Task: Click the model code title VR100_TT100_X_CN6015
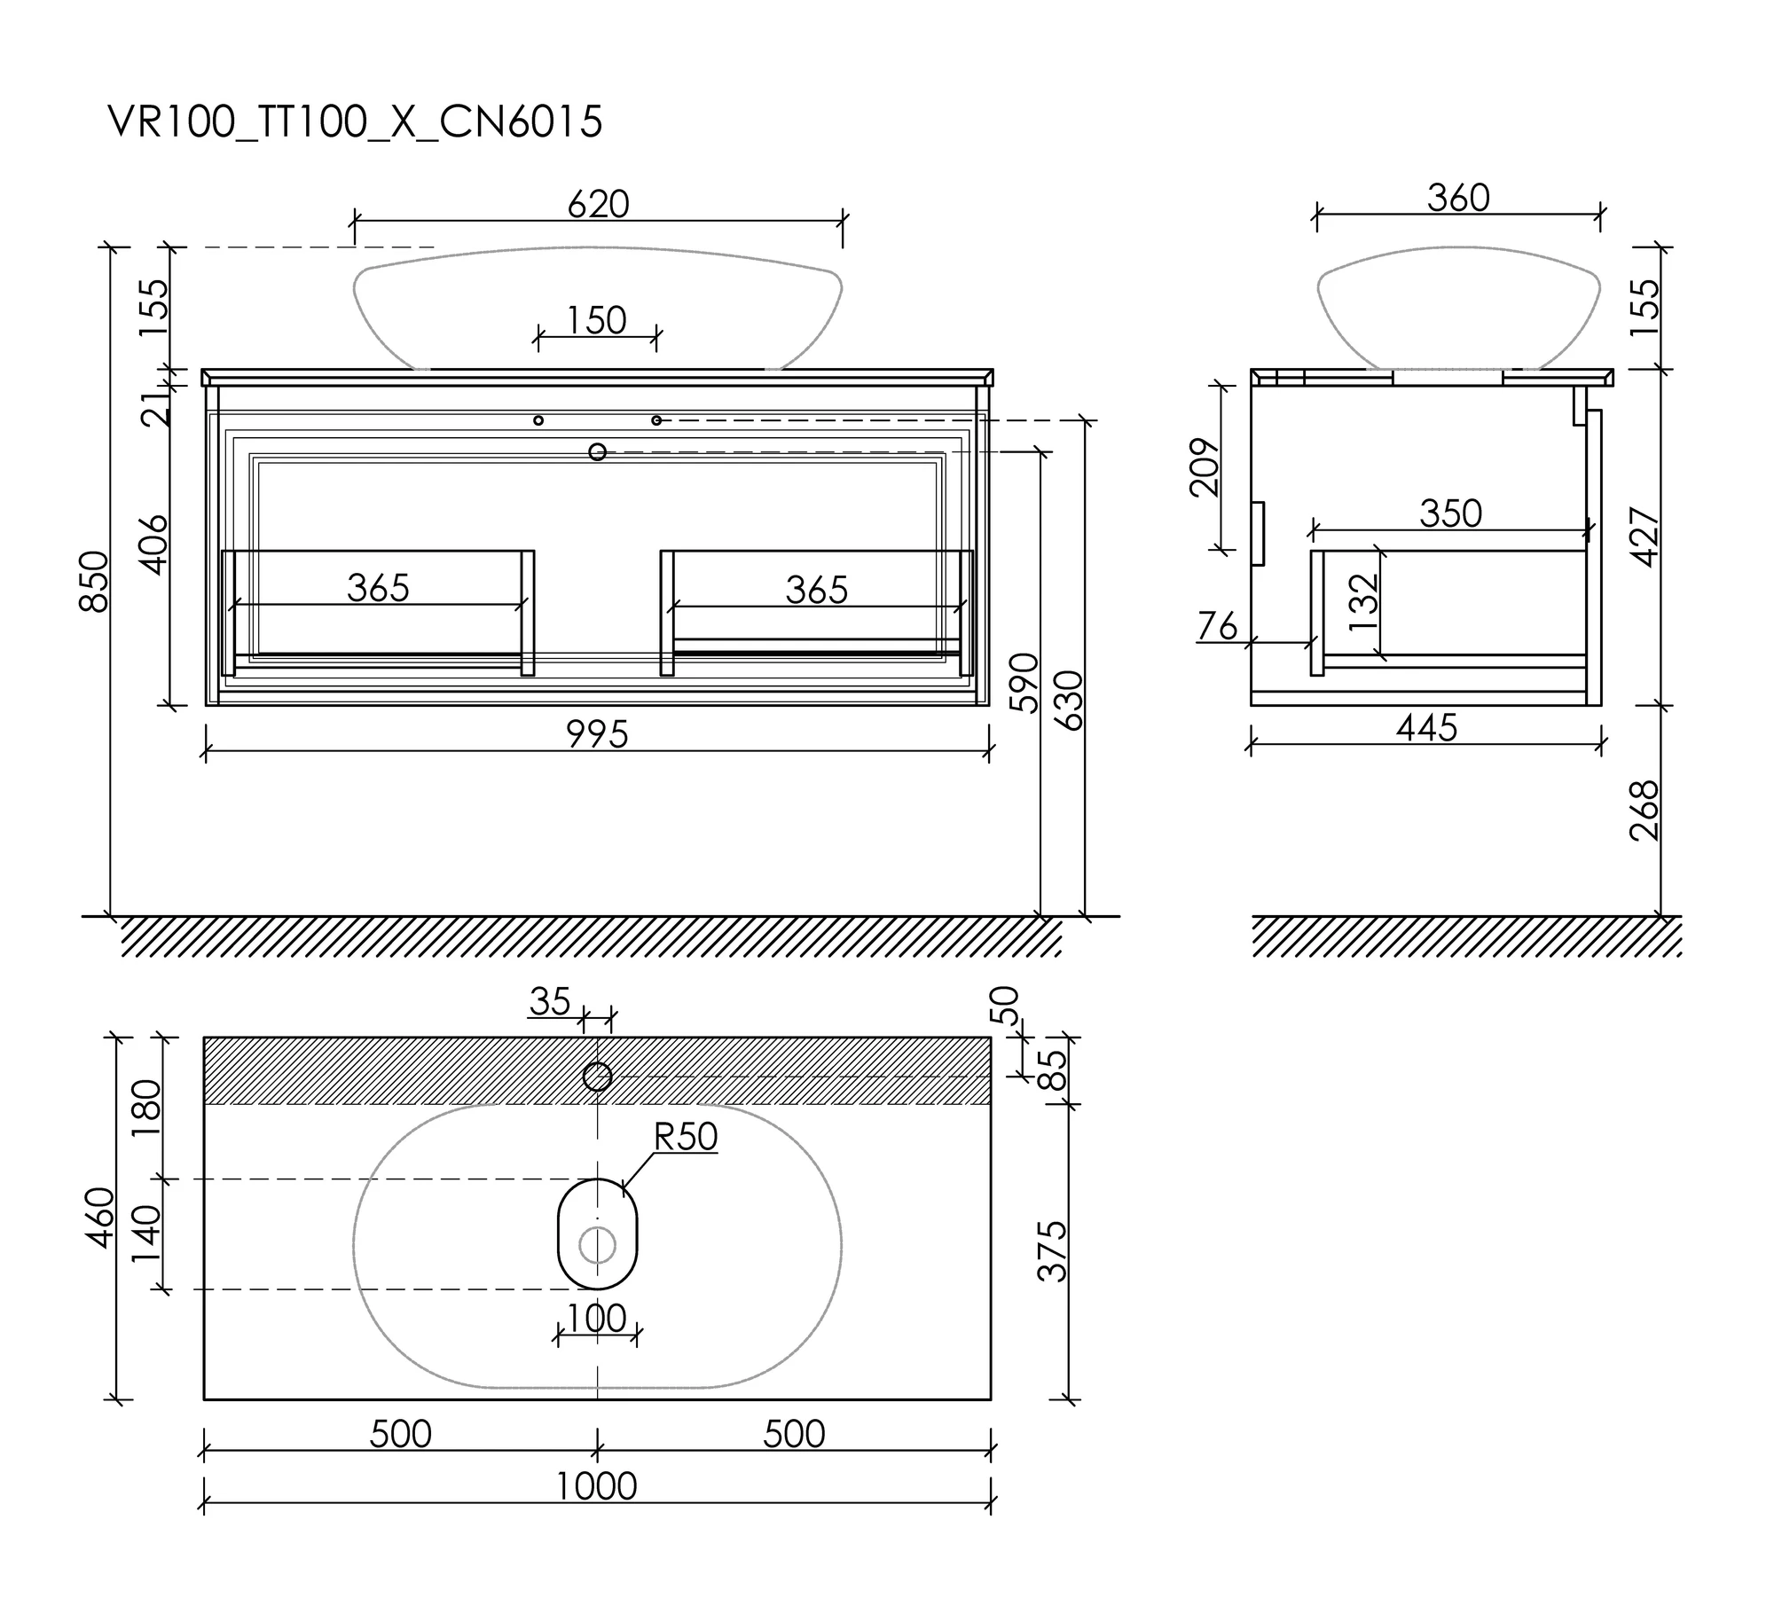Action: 355,122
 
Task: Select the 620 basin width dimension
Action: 599,204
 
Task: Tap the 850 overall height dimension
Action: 94,581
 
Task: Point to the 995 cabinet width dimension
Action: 598,734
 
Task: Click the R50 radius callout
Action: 686,1137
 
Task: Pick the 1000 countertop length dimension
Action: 597,1486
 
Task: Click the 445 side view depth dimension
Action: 1426,727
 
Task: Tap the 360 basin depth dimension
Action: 1458,198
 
